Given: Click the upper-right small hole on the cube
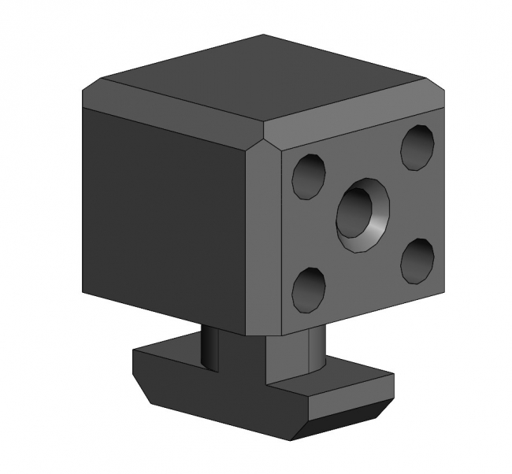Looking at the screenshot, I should tap(417, 146).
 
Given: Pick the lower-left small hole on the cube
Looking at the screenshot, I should tap(308, 289).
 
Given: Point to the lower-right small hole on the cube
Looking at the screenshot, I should tap(417, 261).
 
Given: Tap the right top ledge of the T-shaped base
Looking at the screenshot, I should tap(354, 374).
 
